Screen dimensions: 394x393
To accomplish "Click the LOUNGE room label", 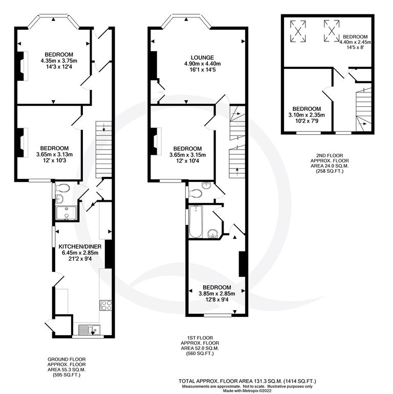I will click(x=197, y=57).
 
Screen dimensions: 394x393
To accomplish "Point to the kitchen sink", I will click(x=88, y=329).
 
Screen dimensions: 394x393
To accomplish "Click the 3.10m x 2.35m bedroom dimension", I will click(x=307, y=115).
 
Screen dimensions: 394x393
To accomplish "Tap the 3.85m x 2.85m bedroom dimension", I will click(x=216, y=293).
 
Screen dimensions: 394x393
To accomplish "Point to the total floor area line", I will click(x=248, y=381).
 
